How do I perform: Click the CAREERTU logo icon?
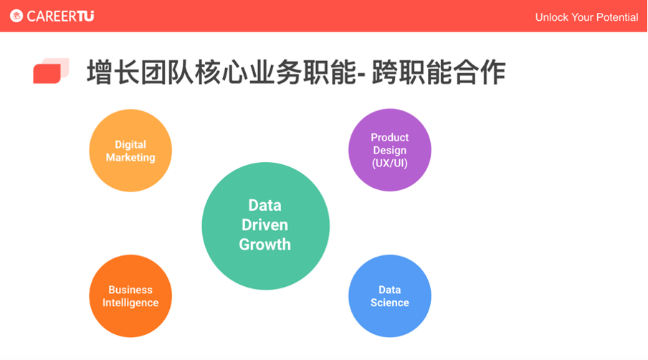[x=16, y=16]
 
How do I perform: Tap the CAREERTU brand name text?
[x=61, y=16]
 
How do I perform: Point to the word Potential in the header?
[x=614, y=17]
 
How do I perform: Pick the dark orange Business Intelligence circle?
[x=130, y=319]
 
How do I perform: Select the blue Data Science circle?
[x=389, y=319]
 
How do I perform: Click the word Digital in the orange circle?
[x=130, y=144]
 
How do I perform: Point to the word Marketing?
[x=130, y=157]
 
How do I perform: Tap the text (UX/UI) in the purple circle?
[x=389, y=164]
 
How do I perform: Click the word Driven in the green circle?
[x=265, y=224]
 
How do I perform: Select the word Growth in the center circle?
[x=265, y=245]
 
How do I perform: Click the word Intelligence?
[x=130, y=303]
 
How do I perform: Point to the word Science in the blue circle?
[x=389, y=303]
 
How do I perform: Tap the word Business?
[x=130, y=290]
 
